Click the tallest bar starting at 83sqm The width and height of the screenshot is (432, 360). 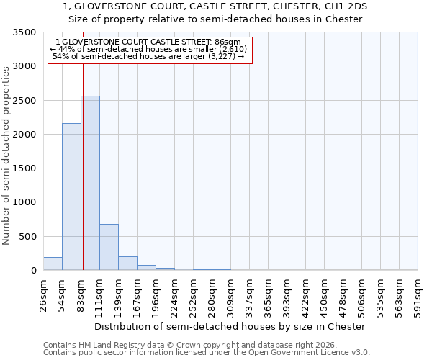tap(90, 183)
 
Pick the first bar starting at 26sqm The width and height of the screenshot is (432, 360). tap(53, 264)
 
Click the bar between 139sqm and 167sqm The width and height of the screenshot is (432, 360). tap(127, 263)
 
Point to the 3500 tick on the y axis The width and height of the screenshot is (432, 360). tap(26, 33)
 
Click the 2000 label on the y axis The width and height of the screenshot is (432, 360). tap(26, 135)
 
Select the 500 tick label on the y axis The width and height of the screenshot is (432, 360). tap(29, 237)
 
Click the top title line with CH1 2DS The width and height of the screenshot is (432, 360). tap(215, 6)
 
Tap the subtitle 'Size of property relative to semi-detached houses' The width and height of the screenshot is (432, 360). tap(215, 19)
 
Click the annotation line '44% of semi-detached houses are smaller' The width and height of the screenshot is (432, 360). tap(149, 49)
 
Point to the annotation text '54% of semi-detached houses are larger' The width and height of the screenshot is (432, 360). tap(149, 56)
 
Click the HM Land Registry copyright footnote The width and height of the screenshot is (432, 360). tap(185, 345)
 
